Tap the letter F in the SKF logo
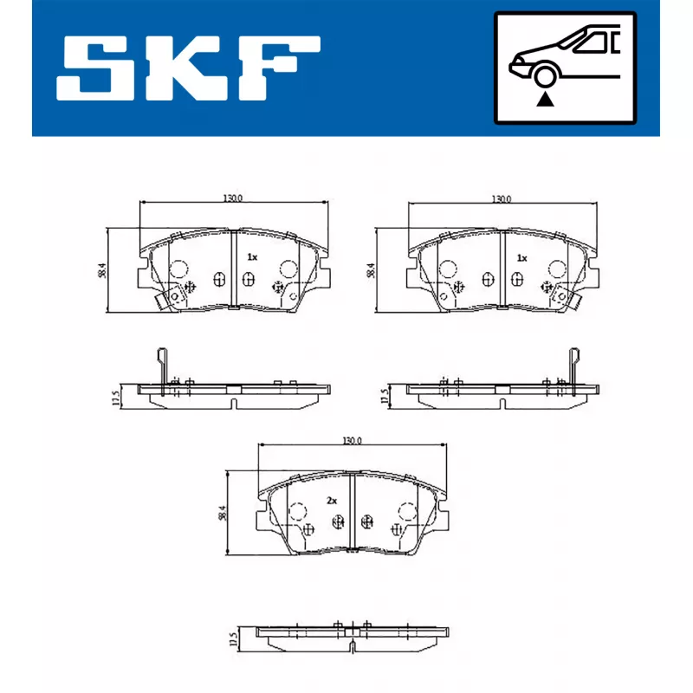pyautogui.click(x=279, y=68)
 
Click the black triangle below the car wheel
pyautogui.click(x=545, y=100)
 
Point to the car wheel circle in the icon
pyautogui.click(x=545, y=75)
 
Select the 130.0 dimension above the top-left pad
pyautogui.click(x=232, y=198)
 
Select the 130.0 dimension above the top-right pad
pyautogui.click(x=502, y=199)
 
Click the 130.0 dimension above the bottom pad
pyautogui.click(x=352, y=441)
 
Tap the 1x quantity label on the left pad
pyautogui.click(x=252, y=256)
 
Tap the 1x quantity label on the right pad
pyautogui.click(x=521, y=257)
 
